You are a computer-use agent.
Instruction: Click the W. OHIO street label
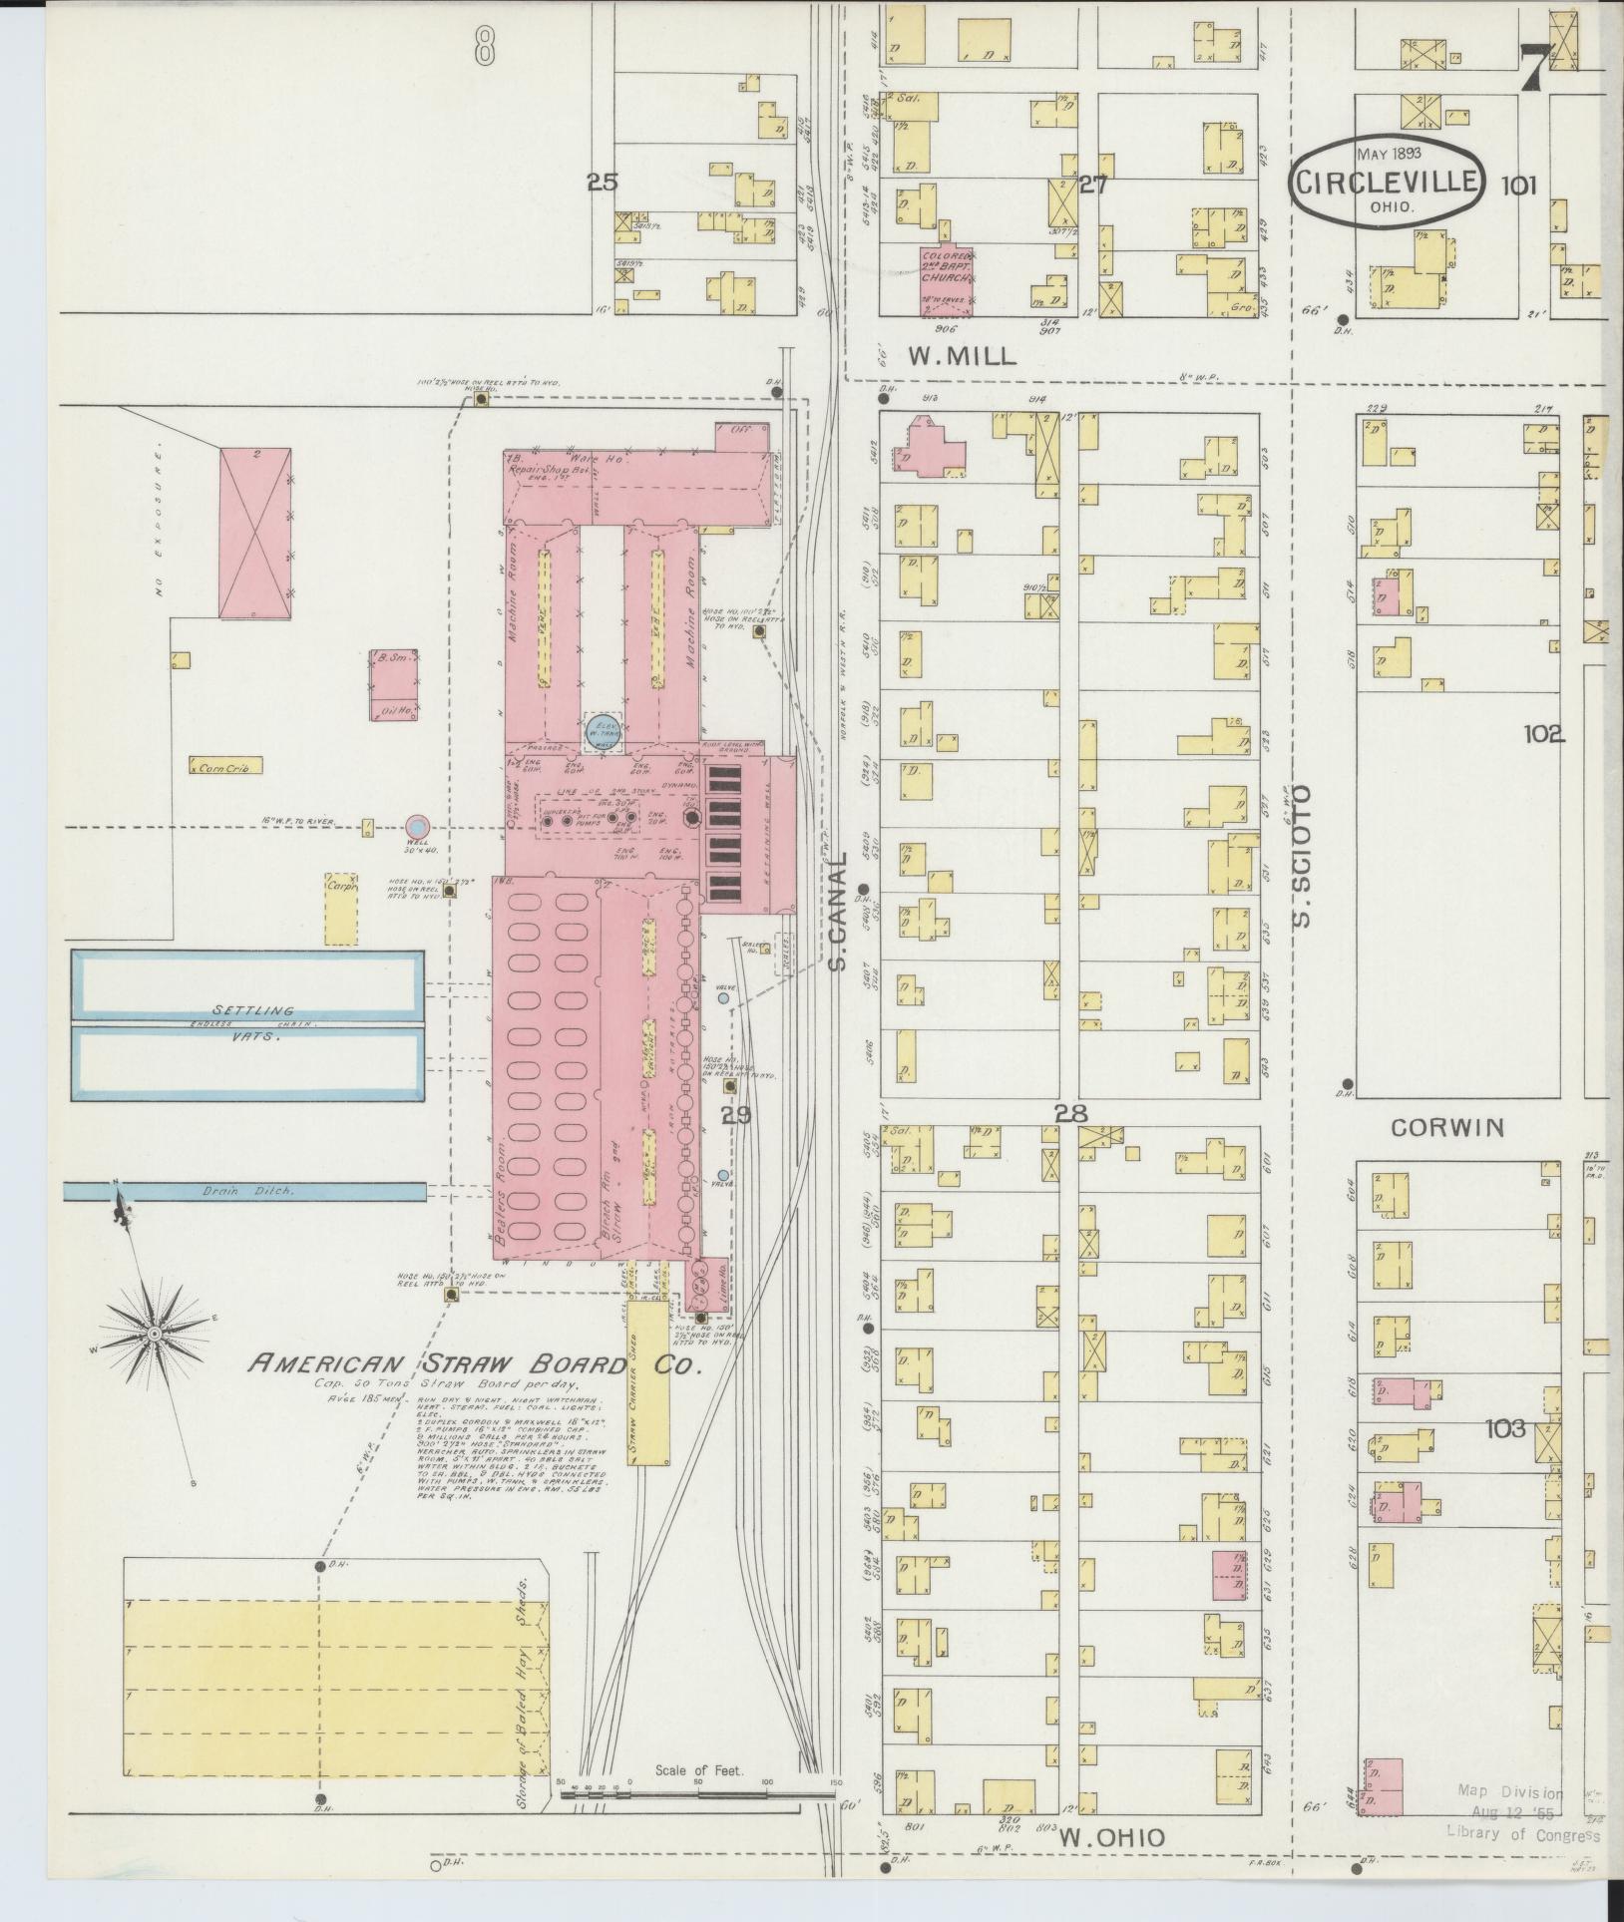(1112, 1836)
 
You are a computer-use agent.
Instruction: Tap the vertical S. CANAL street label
(838, 911)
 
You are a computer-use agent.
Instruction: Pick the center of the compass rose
(155, 1334)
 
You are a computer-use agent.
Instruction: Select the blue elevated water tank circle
(602, 730)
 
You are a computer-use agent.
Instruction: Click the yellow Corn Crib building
(225, 767)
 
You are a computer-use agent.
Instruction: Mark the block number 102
(1542, 734)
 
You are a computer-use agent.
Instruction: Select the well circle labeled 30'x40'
(417, 825)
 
